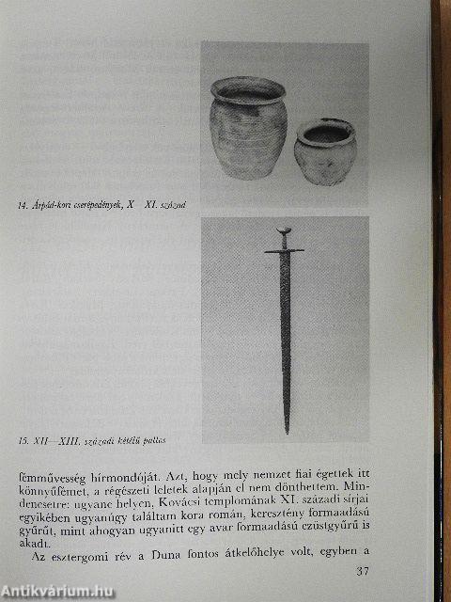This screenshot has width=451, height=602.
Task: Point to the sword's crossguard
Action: [284, 251]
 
